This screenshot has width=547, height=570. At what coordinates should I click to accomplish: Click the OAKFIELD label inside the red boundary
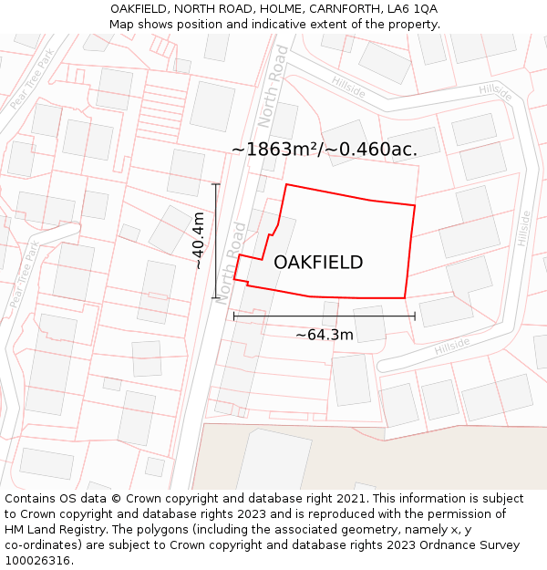318,263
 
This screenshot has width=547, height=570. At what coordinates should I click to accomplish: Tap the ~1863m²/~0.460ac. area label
325,150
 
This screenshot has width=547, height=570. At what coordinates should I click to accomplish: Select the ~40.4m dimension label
198,241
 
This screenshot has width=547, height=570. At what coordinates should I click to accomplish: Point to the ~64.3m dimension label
325,335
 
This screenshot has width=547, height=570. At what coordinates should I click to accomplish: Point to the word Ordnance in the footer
424,545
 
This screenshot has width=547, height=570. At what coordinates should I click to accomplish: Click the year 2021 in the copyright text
347,499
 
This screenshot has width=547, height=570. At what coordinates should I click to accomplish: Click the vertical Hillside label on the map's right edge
523,228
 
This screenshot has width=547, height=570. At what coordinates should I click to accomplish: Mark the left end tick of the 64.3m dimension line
234,316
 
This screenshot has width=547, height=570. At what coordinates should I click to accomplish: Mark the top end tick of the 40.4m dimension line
216,185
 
